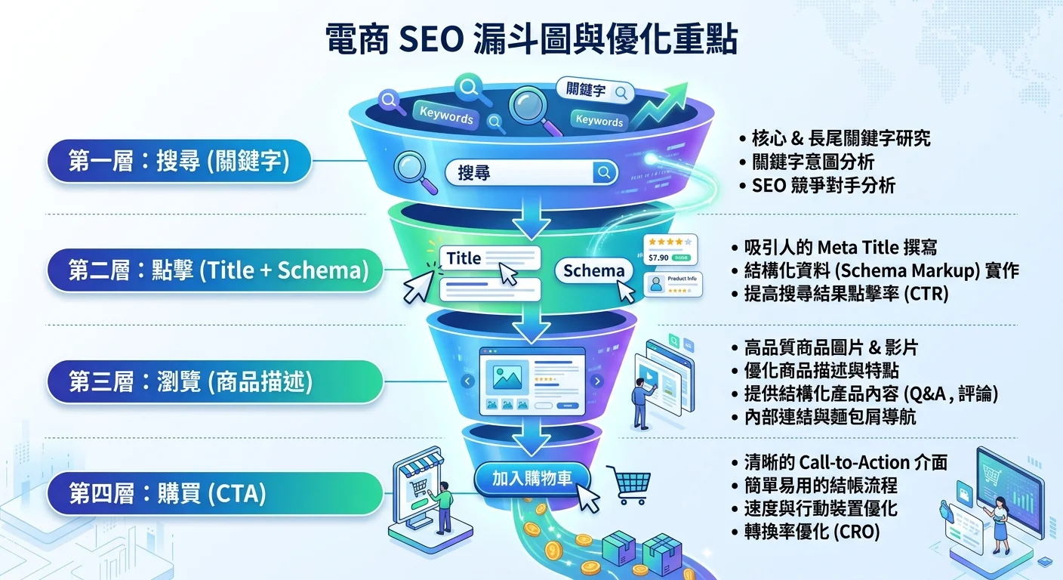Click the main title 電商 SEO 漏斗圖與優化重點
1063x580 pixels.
(x=531, y=40)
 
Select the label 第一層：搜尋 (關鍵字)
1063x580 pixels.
(x=179, y=161)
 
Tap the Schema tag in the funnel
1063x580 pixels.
(x=594, y=271)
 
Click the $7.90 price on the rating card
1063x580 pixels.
(x=658, y=258)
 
